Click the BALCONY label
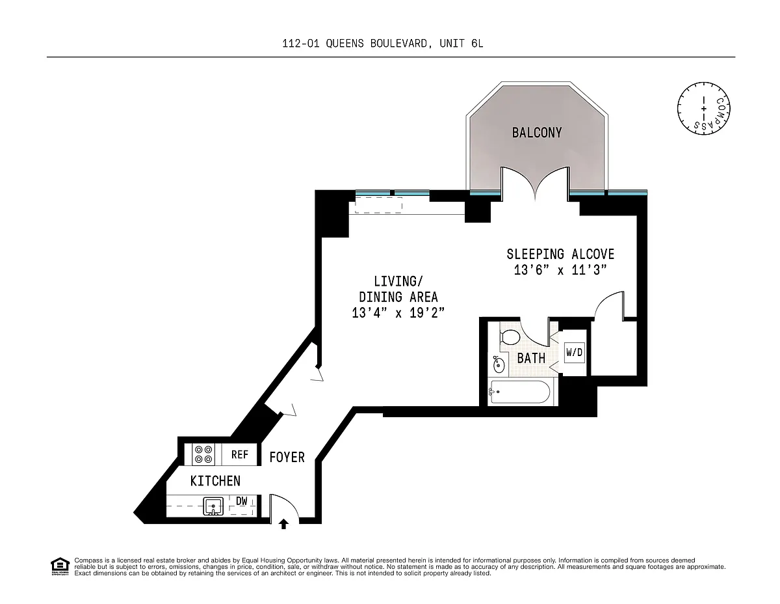click(537, 133)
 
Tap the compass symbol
click(703, 109)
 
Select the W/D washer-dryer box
click(575, 353)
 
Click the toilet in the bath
click(510, 337)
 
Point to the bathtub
click(520, 392)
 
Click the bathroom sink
click(499, 364)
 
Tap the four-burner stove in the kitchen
click(203, 454)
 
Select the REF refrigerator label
click(239, 454)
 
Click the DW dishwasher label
click(242, 501)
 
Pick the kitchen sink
click(213, 506)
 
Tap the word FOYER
click(287, 458)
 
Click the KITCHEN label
click(215, 481)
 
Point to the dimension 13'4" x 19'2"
click(398, 312)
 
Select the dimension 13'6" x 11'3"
click(560, 269)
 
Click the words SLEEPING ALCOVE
click(560, 254)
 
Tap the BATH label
click(531, 358)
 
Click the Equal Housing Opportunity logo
click(60, 566)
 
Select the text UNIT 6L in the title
click(461, 44)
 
